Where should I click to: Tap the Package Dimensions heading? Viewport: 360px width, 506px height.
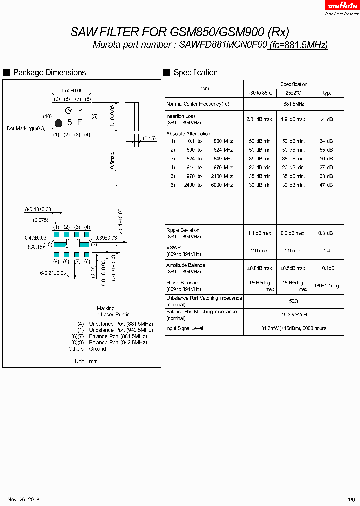[49, 73]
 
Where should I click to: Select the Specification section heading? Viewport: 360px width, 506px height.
[195, 73]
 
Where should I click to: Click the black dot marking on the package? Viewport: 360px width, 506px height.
[58, 122]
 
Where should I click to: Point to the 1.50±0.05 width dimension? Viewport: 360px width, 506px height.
[72, 91]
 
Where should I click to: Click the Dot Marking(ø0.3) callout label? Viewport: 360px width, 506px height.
[26, 129]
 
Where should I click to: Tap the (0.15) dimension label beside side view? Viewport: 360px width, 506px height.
[149, 138]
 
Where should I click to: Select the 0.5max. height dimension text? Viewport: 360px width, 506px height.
[113, 160]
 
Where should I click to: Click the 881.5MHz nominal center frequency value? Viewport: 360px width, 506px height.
[293, 104]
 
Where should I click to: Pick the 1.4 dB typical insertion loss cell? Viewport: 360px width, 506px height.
[327, 119]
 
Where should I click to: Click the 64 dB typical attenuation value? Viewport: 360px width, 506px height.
[327, 141]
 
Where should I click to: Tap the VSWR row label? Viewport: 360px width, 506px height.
[174, 248]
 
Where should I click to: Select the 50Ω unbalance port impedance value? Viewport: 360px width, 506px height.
[293, 301]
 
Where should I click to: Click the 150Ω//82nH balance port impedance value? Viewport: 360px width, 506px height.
[293, 315]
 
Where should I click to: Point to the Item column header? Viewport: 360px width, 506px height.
[204, 89]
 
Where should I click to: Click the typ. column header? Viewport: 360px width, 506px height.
[327, 93]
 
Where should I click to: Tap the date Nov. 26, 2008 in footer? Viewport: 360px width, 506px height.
[23, 499]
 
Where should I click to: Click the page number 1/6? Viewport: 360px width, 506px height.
[352, 499]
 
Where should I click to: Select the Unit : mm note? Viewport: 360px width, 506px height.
[86, 361]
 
